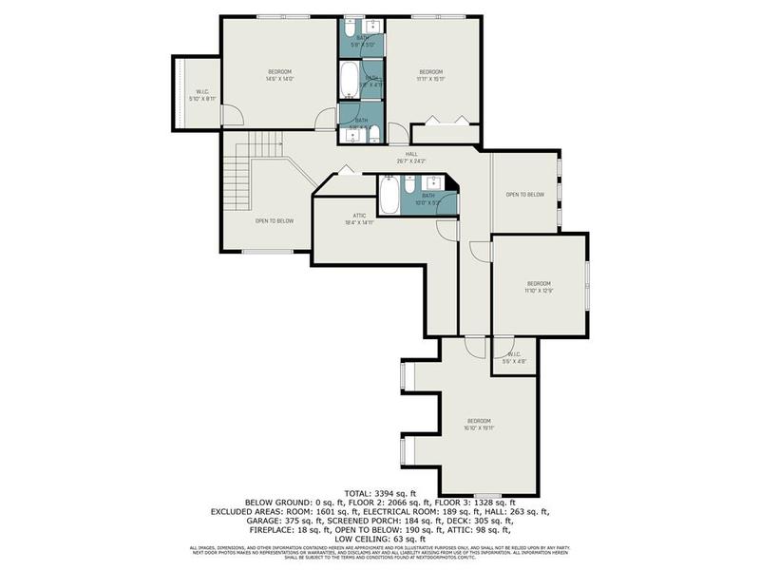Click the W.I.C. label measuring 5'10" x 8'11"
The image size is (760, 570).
coord(201,94)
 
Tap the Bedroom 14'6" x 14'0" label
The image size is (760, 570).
coord(279,75)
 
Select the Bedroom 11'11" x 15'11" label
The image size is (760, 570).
coord(432,75)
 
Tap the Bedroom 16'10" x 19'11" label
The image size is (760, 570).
coord(479,424)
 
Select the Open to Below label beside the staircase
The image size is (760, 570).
coord(274,220)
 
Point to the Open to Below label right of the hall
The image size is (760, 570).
coord(524,194)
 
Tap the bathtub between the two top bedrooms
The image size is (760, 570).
coord(349,80)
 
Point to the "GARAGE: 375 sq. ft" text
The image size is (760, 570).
coord(285,520)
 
